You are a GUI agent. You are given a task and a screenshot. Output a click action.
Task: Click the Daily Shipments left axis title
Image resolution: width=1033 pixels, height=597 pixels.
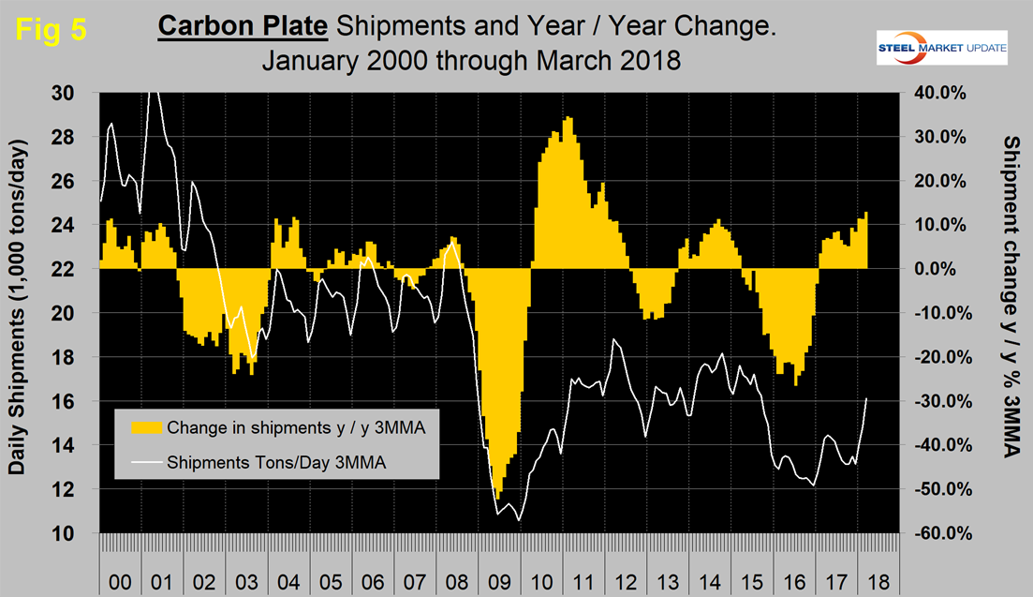[20, 306]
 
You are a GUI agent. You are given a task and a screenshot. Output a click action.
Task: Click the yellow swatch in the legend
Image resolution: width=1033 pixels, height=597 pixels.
[145, 428]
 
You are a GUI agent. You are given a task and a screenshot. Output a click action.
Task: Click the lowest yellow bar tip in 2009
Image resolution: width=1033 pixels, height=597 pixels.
[498, 499]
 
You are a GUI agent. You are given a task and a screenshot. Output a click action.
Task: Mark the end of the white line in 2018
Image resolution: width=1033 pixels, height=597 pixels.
[866, 398]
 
